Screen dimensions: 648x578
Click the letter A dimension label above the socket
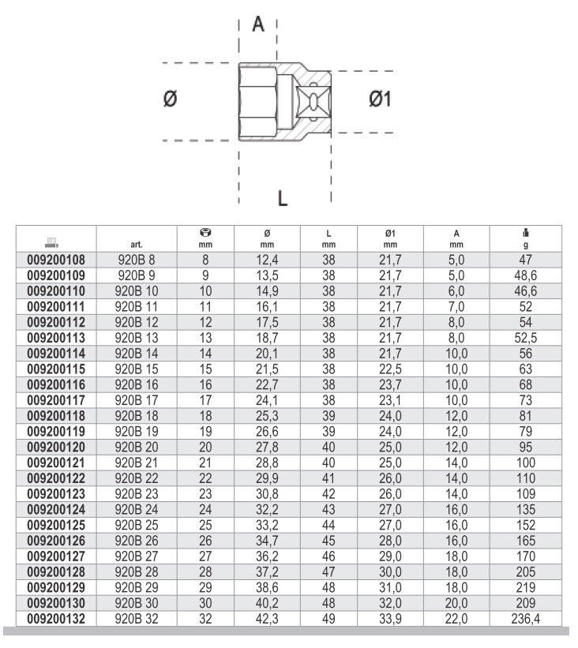[258, 24]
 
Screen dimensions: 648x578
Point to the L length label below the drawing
[282, 198]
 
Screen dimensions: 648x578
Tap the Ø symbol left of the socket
[170, 99]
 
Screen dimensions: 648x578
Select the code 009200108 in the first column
[56, 260]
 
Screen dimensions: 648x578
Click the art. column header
[136, 245]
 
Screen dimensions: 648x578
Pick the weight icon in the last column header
[525, 233]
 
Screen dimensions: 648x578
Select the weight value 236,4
[525, 620]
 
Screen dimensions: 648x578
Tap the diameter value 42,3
[266, 620]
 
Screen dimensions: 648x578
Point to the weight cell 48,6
[525, 275]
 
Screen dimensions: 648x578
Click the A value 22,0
[456, 620]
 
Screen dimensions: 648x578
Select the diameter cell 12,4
[266, 260]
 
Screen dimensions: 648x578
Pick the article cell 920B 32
[136, 620]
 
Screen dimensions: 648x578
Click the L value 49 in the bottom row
[328, 620]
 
